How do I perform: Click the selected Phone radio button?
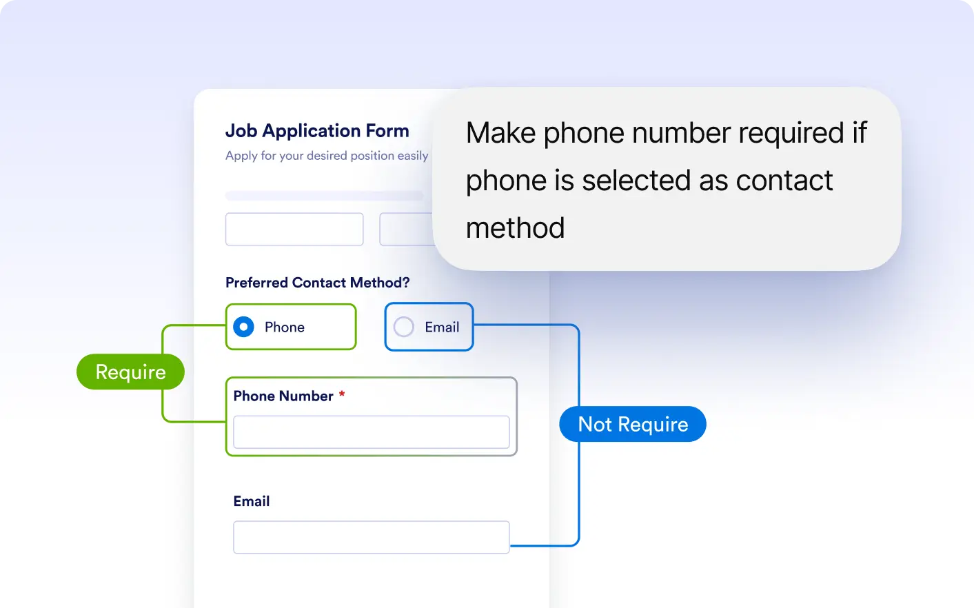[x=243, y=327]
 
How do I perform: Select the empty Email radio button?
[x=403, y=327]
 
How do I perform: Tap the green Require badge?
[x=130, y=372]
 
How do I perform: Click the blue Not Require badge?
[x=633, y=424]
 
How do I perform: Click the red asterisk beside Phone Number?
[x=342, y=394]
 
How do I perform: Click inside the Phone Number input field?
[x=372, y=432]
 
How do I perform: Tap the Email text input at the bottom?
[x=372, y=537]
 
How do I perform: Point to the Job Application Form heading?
[x=317, y=131]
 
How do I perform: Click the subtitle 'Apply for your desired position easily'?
[x=327, y=156]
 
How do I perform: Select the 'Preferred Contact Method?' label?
[x=317, y=283]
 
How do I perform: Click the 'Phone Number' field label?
[x=283, y=396]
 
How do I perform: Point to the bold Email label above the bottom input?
[x=252, y=501]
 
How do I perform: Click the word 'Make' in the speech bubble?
[x=500, y=132]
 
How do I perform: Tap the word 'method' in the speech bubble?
[x=516, y=228]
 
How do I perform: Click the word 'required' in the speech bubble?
[x=791, y=134]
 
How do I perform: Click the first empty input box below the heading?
[x=294, y=229]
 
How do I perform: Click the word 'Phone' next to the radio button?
[x=285, y=327]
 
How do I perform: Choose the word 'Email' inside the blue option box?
[x=442, y=327]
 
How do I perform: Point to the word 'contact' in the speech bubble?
[x=784, y=180]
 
